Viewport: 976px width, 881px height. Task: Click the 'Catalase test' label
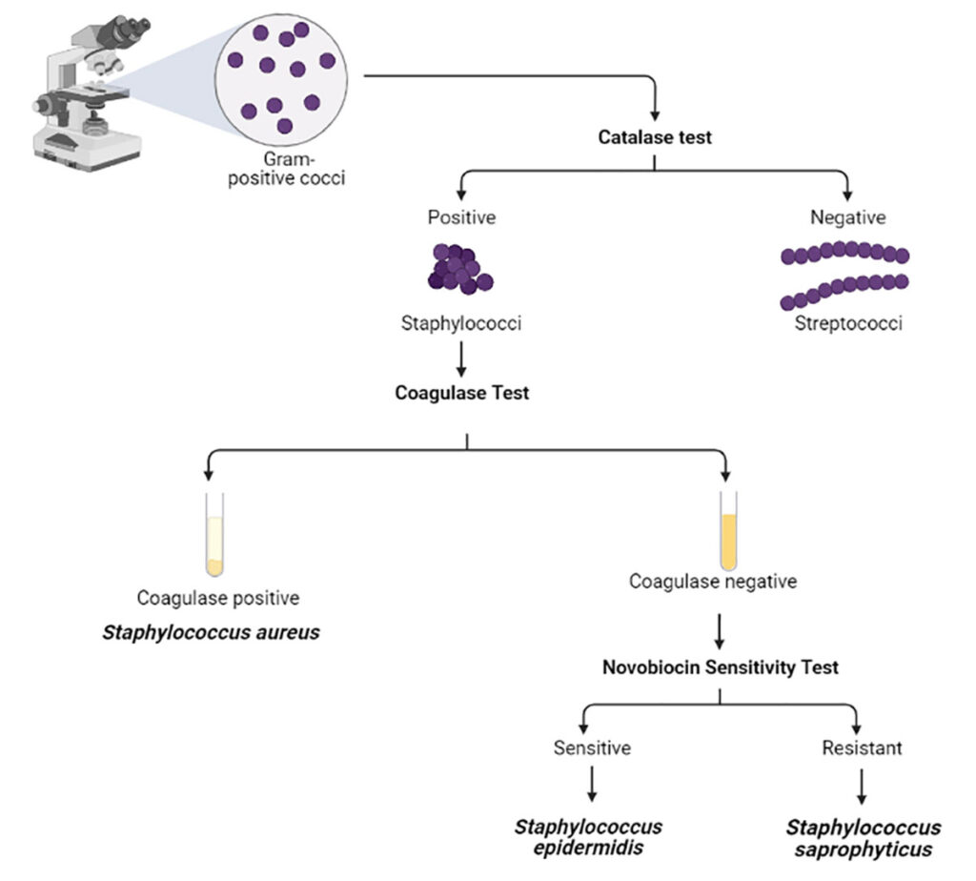point(655,137)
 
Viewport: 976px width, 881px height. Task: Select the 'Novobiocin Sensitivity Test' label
point(721,667)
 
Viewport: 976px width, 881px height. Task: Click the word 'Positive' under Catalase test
point(461,217)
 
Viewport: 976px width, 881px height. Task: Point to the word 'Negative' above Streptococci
point(847,217)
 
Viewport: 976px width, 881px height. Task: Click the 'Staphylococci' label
point(461,324)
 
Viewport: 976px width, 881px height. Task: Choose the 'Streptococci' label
point(848,324)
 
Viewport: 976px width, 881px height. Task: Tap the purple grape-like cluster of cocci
point(459,269)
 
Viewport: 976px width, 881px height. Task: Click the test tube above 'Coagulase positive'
point(215,535)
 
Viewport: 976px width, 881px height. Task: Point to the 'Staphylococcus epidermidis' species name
point(588,837)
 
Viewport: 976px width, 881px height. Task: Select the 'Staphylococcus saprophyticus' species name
point(864,837)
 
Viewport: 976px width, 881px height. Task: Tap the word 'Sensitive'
point(592,748)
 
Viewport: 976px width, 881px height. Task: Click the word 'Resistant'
point(862,748)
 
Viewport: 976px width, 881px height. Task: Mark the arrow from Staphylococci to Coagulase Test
point(461,358)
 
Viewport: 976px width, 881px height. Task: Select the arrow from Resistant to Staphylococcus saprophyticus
point(863,785)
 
